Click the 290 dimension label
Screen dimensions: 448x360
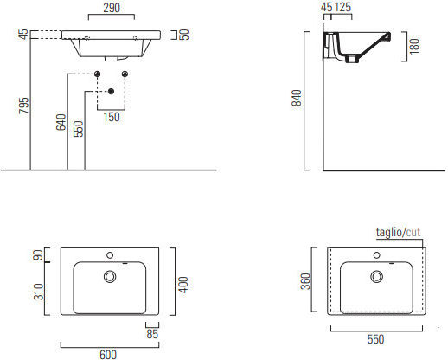[112, 8]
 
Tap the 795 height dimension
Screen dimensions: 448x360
[24, 106]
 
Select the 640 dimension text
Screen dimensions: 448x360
[61, 122]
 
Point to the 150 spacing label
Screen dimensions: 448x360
[112, 117]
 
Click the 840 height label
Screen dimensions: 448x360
[297, 98]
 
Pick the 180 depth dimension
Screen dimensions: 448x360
[414, 46]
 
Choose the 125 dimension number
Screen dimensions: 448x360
[343, 7]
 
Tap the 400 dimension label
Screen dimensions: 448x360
[183, 285]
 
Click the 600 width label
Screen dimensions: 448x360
[108, 355]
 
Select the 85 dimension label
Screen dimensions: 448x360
[152, 334]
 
